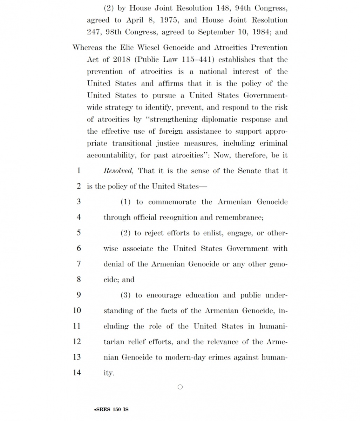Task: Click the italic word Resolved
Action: [x=118, y=171]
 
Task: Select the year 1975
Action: [x=168, y=20]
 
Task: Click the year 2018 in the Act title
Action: [x=122, y=60]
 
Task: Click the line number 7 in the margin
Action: [x=79, y=264]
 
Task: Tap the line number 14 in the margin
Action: [x=77, y=373]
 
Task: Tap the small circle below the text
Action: [x=180, y=387]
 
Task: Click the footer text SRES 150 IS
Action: [x=111, y=409]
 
